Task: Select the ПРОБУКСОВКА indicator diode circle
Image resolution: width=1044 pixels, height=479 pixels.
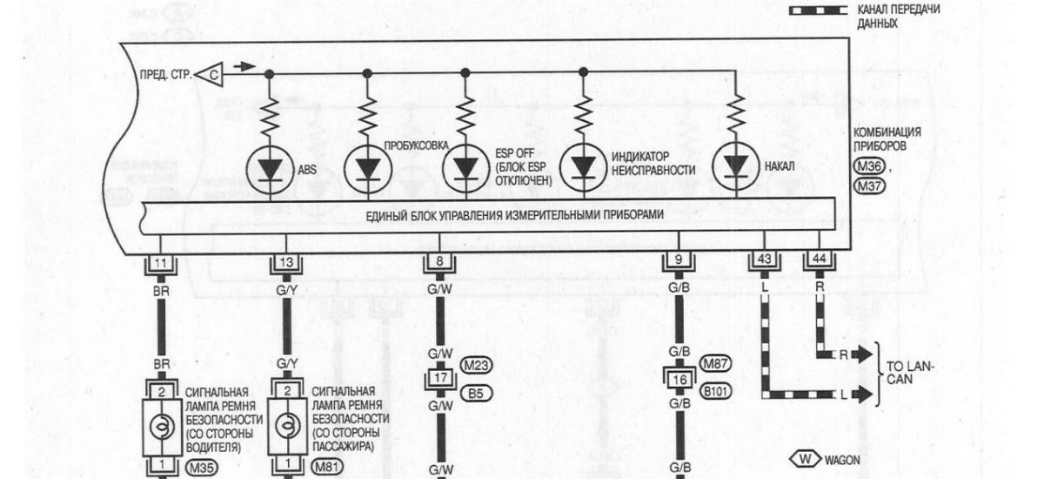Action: (366, 167)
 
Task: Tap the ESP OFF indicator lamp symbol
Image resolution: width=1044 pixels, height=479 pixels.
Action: (465, 167)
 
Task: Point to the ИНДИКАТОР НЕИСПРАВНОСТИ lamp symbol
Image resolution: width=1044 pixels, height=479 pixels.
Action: (582, 167)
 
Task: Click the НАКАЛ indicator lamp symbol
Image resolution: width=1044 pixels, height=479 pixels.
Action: (736, 167)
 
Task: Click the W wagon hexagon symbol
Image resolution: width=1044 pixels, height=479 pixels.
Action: (803, 458)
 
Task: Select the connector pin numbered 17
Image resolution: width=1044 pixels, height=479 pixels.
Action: (439, 379)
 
